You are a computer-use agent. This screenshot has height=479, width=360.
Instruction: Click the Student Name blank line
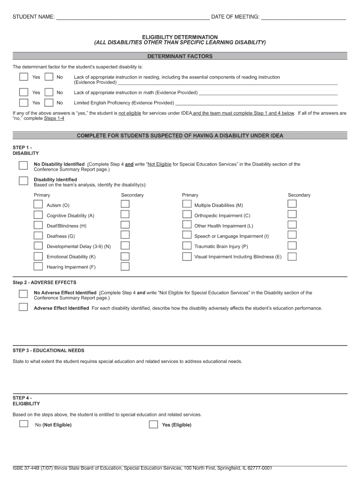[132, 18]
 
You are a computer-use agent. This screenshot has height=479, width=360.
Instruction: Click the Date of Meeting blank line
[303, 18]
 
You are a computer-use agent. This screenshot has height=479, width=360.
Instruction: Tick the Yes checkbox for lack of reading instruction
[23, 77]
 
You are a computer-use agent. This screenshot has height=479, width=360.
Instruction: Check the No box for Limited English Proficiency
[49, 103]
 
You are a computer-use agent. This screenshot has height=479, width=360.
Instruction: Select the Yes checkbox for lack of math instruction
[23, 93]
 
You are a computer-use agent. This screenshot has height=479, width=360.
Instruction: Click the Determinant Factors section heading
[180, 57]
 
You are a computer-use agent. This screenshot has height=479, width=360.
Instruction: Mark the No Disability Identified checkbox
[23, 165]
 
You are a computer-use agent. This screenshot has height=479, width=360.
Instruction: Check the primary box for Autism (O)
[38, 204]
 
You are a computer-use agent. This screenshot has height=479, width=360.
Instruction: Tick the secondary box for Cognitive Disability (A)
[125, 214]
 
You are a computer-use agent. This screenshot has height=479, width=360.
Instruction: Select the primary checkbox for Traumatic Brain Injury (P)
[187, 246]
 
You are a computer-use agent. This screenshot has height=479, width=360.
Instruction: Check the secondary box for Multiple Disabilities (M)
[292, 204]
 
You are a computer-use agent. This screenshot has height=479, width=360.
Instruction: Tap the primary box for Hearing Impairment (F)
[38, 266]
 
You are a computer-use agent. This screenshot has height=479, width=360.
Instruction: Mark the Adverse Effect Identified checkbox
[23, 307]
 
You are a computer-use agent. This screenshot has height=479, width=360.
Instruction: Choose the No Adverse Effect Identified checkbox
[23, 294]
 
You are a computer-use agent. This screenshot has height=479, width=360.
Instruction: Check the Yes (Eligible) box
[153, 424]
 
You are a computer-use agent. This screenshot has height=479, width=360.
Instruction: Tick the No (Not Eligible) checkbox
[23, 424]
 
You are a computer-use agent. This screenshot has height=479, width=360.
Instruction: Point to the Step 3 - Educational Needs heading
[48, 350]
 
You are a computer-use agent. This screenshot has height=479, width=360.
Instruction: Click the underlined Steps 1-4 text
[54, 119]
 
